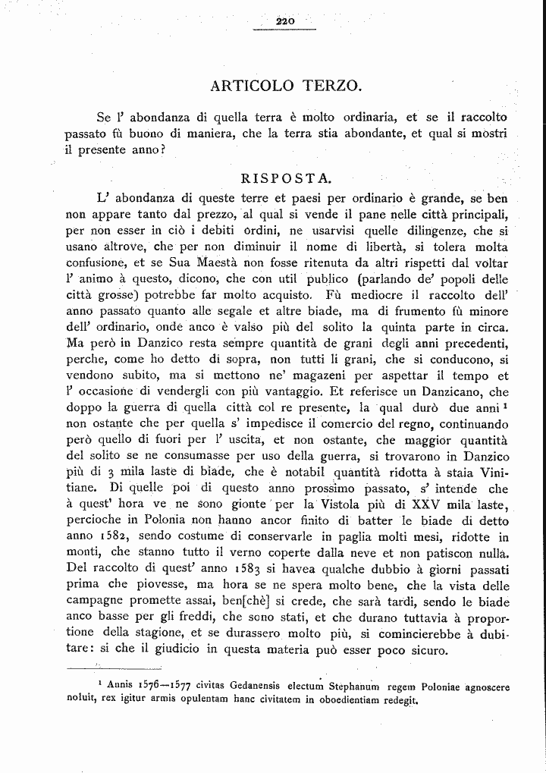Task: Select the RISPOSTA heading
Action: click(x=285, y=179)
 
